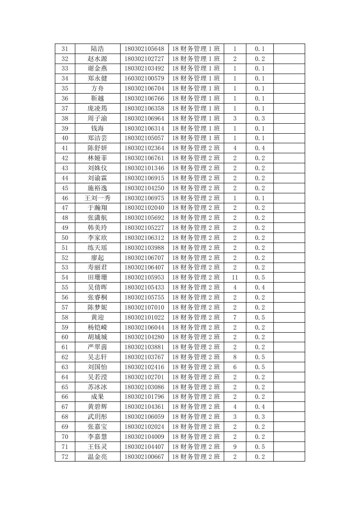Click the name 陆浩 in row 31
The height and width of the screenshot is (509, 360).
[98, 49]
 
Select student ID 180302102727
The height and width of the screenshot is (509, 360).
[144, 59]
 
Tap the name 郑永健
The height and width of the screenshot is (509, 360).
[98, 78]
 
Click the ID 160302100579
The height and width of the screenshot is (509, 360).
[144, 78]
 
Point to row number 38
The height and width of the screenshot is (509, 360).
[65, 118]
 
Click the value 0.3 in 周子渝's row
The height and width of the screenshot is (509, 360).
[260, 118]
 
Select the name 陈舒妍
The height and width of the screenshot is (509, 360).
[98, 148]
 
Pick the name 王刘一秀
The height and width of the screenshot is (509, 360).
[98, 198]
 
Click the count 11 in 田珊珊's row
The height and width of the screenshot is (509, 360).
[235, 277]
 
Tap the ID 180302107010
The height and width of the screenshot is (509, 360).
[144, 307]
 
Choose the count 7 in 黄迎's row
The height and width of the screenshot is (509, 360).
[235, 317]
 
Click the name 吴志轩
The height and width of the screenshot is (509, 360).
[98, 357]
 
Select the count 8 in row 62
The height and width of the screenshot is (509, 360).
[235, 357]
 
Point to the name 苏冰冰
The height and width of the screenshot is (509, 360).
[98, 387]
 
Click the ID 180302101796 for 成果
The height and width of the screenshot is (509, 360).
[144, 397]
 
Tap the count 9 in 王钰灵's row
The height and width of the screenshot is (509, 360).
[235, 447]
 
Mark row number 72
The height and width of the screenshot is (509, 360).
[65, 457]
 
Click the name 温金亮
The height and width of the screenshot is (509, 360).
[98, 457]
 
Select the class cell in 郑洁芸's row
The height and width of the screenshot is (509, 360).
[196, 138]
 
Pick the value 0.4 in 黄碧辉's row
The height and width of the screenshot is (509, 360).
[260, 407]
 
